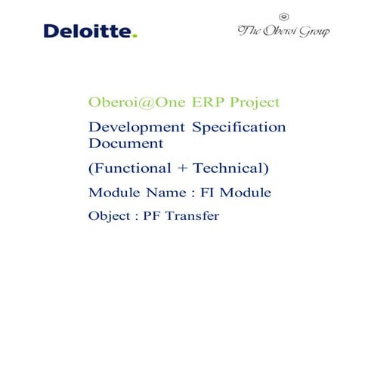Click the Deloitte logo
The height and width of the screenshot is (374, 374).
point(90,32)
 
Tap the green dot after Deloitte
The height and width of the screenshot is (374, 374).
point(134,36)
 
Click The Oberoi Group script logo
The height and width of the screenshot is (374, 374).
point(283,32)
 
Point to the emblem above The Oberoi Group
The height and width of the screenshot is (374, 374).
point(283,15)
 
